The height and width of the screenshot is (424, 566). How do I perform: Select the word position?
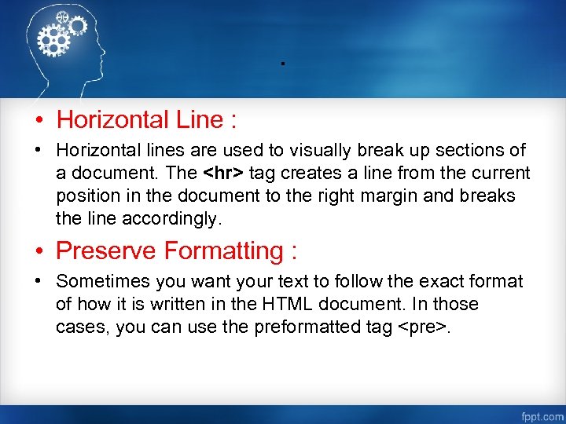pyautogui.click(x=86, y=196)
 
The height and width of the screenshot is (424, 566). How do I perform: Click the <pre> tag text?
pyautogui.click(x=425, y=327)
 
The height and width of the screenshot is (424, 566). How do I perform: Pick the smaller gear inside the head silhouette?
pyautogui.click(x=77, y=26)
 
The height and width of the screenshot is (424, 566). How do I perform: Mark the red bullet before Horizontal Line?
pyautogui.click(x=37, y=121)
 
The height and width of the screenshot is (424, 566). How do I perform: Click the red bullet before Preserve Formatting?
pyautogui.click(x=37, y=252)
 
